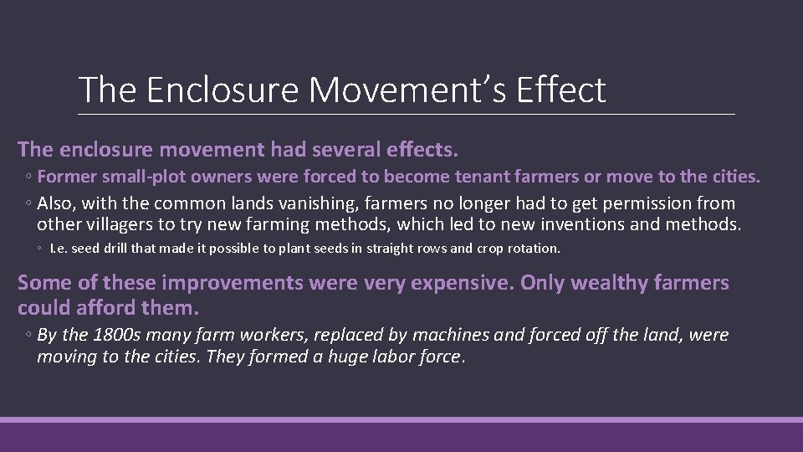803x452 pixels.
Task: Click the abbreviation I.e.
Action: pyautogui.click(x=58, y=249)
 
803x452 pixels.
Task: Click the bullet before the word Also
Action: pyautogui.click(x=28, y=203)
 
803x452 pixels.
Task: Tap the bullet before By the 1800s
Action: pyautogui.click(x=28, y=335)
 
